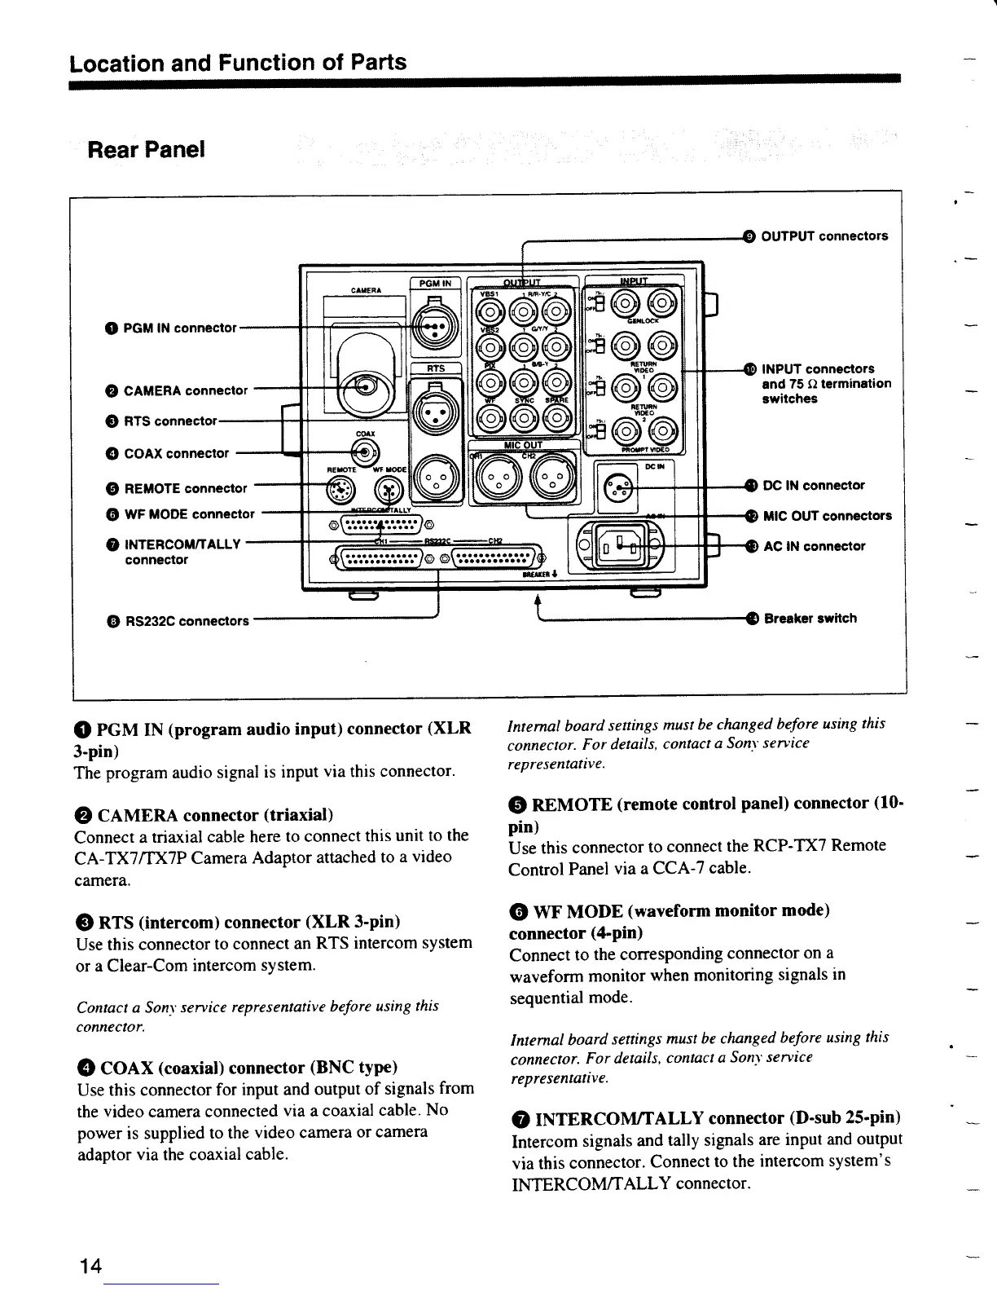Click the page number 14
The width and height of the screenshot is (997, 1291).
tap(90, 1266)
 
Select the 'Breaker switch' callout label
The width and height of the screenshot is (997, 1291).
tap(810, 618)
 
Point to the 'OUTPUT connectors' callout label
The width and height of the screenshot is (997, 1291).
tap(824, 236)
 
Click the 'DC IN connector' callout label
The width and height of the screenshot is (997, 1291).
tap(813, 486)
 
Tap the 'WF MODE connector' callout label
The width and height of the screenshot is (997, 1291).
tap(189, 514)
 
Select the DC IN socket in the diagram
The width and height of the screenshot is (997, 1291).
tap(617, 488)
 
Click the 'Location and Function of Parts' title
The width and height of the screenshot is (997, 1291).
tap(238, 63)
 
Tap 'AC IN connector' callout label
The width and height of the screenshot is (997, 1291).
tap(814, 546)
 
